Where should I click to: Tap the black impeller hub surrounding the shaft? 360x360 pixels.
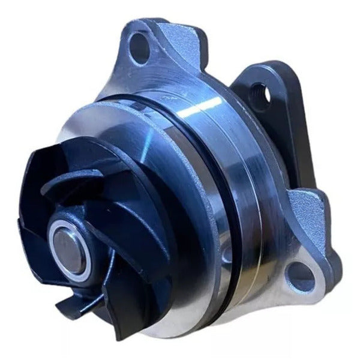tap(90, 228)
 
